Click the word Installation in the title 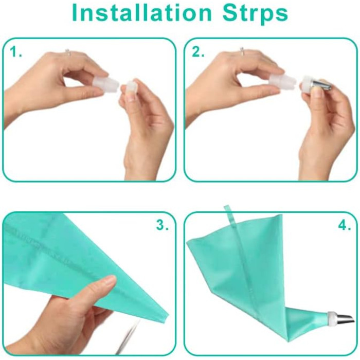(x=141, y=12)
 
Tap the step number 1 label (x=15, y=52)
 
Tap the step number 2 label (x=197, y=52)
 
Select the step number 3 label (x=162, y=225)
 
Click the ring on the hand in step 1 (x=67, y=51)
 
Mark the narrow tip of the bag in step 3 (x=167, y=315)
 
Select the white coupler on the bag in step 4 (x=332, y=319)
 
